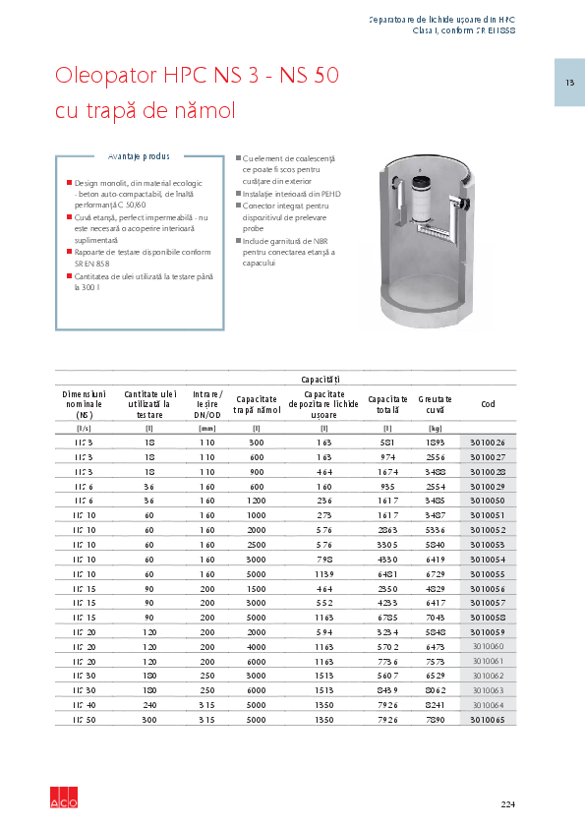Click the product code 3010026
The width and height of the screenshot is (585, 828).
coord(489,442)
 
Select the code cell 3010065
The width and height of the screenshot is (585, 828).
coord(489,720)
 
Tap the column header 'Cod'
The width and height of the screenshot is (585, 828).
coord(489,404)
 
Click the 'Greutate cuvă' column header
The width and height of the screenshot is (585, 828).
coord(435,404)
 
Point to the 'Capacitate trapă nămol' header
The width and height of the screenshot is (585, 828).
coord(257,404)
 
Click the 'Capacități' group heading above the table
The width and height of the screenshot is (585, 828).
coord(321,379)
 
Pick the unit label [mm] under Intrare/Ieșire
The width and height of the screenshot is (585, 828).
coord(206,428)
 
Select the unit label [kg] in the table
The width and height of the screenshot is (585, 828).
coord(435,428)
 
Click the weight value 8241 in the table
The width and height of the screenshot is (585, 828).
coord(435,705)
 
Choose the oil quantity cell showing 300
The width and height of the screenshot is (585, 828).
coord(149,720)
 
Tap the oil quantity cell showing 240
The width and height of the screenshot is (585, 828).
coord(149,705)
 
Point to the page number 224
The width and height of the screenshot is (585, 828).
coord(507,804)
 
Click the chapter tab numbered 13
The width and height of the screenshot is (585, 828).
coord(569,82)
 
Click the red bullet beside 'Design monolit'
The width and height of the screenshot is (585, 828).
coord(70,183)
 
